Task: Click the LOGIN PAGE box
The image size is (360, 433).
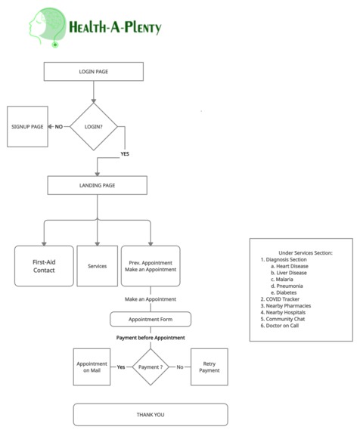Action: click(93, 72)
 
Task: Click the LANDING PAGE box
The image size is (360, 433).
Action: click(98, 184)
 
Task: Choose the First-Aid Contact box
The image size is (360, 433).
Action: click(44, 266)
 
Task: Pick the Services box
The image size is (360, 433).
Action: click(97, 266)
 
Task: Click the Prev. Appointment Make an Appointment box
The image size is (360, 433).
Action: click(151, 266)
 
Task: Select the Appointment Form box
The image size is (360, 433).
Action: click(151, 318)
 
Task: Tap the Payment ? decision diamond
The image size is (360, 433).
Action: click(151, 367)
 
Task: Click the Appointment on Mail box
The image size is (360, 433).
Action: click(92, 367)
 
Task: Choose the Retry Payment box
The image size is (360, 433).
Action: click(209, 367)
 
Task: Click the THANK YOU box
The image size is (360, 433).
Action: click(150, 414)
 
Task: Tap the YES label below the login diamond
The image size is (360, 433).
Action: click(125, 154)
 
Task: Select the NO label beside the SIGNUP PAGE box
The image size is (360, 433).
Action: click(58, 126)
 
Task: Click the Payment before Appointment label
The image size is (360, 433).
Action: click(151, 337)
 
